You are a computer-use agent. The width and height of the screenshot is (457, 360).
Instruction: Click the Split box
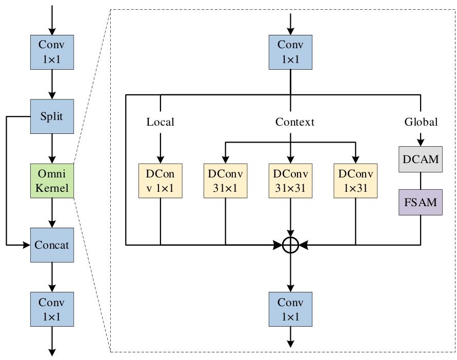[x=52, y=116]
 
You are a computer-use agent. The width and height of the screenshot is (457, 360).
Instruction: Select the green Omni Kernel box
[x=52, y=181]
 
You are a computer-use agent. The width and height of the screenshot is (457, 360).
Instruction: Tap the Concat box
[x=52, y=245]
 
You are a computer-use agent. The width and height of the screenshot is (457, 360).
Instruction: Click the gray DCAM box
[x=420, y=159]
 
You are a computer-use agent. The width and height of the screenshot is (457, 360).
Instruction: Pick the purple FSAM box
[x=420, y=202]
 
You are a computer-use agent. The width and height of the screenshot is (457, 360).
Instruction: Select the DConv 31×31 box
[x=290, y=181]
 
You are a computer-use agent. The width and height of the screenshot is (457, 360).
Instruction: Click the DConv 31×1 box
[x=225, y=181]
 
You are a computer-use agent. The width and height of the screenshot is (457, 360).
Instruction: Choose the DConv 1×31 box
[x=355, y=181]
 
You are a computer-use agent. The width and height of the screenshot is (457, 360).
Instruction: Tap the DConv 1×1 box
[x=161, y=181]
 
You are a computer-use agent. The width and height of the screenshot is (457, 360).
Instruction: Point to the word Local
[x=161, y=122]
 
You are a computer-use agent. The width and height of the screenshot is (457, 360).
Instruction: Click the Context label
[x=294, y=122]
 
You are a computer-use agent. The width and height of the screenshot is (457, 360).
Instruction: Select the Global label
[x=421, y=122]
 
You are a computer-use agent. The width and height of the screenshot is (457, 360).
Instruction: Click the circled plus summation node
[x=290, y=245]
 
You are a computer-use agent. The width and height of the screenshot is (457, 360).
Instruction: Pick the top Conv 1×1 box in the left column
[x=52, y=52]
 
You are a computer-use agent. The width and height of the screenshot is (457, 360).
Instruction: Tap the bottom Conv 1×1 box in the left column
[x=52, y=309]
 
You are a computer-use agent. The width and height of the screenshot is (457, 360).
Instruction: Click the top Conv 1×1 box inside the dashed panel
[x=290, y=52]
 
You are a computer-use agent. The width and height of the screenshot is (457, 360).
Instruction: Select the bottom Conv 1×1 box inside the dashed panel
[x=290, y=309]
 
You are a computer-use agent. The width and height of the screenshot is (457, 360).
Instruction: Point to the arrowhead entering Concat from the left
[x=27, y=245]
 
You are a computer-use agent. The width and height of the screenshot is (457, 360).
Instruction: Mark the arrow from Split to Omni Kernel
[x=52, y=149]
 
